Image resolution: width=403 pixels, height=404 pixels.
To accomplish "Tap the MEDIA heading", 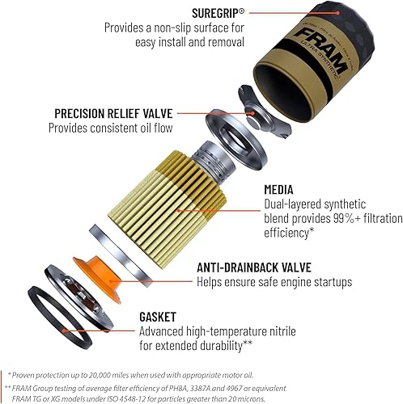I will click(282, 190).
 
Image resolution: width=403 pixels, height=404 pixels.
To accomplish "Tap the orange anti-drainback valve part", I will click(95, 269).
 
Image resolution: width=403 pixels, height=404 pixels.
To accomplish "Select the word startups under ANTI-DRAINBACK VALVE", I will click(328, 282).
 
